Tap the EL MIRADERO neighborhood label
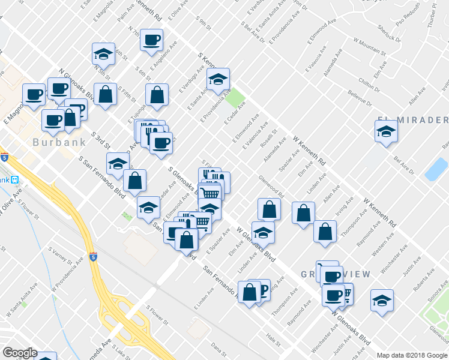click(x=413, y=118)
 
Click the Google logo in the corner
click(x=20, y=353)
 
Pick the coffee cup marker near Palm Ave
click(x=151, y=41)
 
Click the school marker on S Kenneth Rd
click(x=218, y=79)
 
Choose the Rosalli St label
click(x=270, y=139)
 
